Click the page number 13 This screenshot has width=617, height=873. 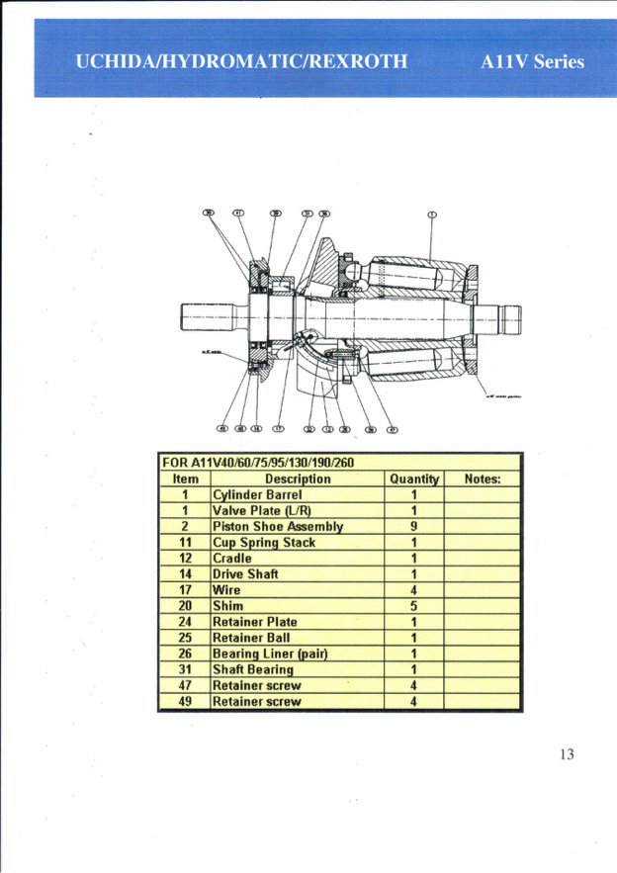(x=566, y=754)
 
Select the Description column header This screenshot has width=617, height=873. (x=298, y=479)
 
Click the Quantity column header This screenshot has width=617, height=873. (x=414, y=479)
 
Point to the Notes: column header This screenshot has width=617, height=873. (x=483, y=479)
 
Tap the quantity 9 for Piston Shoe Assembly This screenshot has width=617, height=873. (x=414, y=526)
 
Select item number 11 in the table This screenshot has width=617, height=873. (x=185, y=542)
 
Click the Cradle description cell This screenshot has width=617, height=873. (x=232, y=558)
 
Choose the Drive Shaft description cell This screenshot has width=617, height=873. (x=245, y=573)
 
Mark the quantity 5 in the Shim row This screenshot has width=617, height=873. (x=414, y=606)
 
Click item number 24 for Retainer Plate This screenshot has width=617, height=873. (x=185, y=622)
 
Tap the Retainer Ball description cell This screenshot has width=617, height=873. (x=251, y=638)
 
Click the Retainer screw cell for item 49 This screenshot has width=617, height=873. (x=257, y=701)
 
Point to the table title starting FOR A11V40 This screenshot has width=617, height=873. (x=257, y=463)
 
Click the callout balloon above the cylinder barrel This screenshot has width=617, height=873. (x=431, y=214)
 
